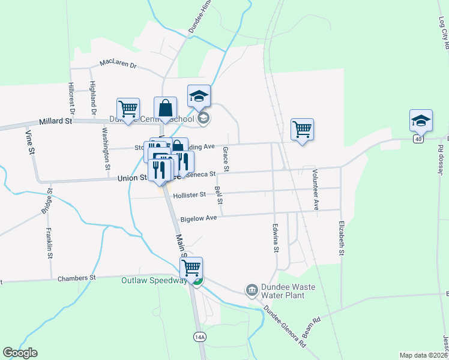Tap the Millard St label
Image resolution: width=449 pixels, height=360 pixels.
(55, 121)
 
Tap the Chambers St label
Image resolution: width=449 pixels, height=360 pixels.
(76, 278)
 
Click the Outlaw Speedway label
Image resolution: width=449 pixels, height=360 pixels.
(154, 280)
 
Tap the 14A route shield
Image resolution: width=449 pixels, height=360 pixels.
(200, 337)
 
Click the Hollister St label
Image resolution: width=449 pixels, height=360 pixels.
(189, 194)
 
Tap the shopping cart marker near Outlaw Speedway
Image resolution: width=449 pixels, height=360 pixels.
(191, 268)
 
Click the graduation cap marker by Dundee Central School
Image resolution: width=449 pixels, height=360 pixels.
(199, 95)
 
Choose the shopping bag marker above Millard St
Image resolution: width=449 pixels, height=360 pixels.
(165, 109)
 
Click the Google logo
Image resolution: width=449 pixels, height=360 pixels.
(20, 353)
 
